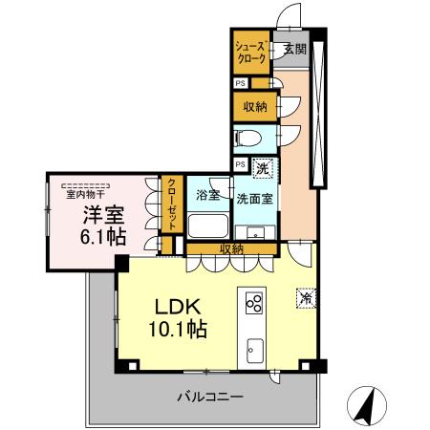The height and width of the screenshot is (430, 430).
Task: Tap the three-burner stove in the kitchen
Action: click(255, 304)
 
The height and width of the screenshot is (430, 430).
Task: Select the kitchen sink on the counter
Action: click(255, 347)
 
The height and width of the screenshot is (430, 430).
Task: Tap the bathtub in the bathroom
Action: click(206, 226)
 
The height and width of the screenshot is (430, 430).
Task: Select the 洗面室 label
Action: click(256, 198)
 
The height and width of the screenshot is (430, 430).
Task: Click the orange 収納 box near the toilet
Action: click(253, 104)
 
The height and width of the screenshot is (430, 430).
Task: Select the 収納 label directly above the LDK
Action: click(231, 248)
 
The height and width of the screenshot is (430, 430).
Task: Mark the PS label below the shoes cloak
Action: click(239, 82)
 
